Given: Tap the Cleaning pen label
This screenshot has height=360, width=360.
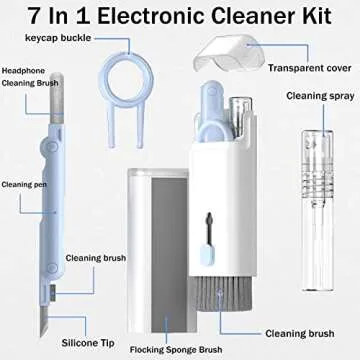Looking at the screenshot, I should coord(21,184).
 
